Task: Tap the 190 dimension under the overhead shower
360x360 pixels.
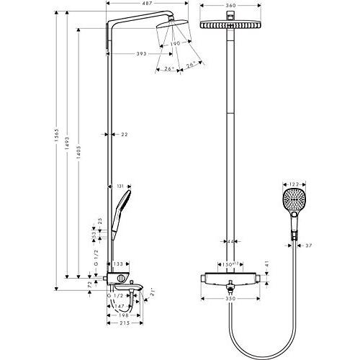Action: pos(175,44)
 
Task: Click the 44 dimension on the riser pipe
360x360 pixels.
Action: pos(231,243)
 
